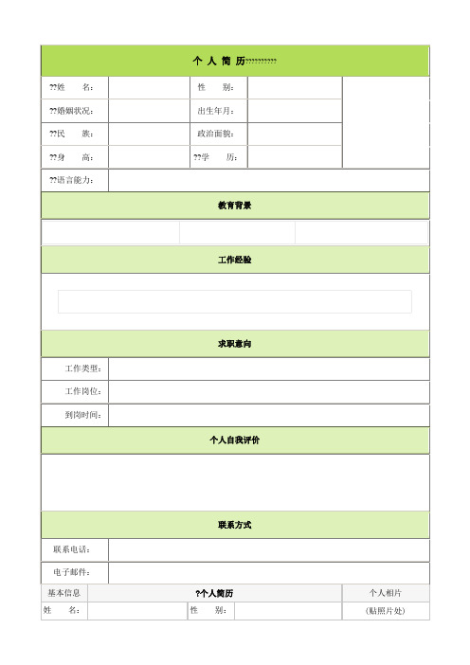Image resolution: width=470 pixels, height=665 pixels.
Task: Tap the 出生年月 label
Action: pyautogui.click(x=216, y=111)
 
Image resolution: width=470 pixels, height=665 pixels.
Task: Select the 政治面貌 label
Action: pyautogui.click(x=216, y=134)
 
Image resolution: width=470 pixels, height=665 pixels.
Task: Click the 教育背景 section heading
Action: pyautogui.click(x=234, y=205)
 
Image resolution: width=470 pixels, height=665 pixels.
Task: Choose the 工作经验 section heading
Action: pyautogui.click(x=234, y=259)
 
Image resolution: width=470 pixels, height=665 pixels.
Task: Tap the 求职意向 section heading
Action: pyautogui.click(x=234, y=343)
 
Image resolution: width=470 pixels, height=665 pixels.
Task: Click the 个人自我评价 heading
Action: pyautogui.click(x=234, y=440)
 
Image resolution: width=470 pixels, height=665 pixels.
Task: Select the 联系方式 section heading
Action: pyautogui.click(x=234, y=524)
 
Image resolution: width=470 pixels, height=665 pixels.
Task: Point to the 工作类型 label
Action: pyautogui.click(x=83, y=368)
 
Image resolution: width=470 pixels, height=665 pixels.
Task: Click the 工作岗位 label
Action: pyautogui.click(x=83, y=391)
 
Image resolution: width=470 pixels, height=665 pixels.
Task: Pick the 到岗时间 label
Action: pyautogui.click(x=83, y=415)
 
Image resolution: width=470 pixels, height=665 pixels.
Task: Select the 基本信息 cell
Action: pyautogui.click(x=64, y=592)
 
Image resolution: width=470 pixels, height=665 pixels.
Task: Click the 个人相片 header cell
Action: pyautogui.click(x=385, y=592)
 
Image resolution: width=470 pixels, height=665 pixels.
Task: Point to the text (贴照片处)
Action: pyautogui.click(x=385, y=611)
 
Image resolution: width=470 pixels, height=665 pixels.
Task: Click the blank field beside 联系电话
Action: pyautogui.click(x=269, y=549)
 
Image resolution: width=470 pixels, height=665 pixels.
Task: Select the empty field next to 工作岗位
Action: pyautogui.click(x=269, y=391)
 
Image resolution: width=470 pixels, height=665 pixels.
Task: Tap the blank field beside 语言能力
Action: pyautogui.click(x=269, y=180)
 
